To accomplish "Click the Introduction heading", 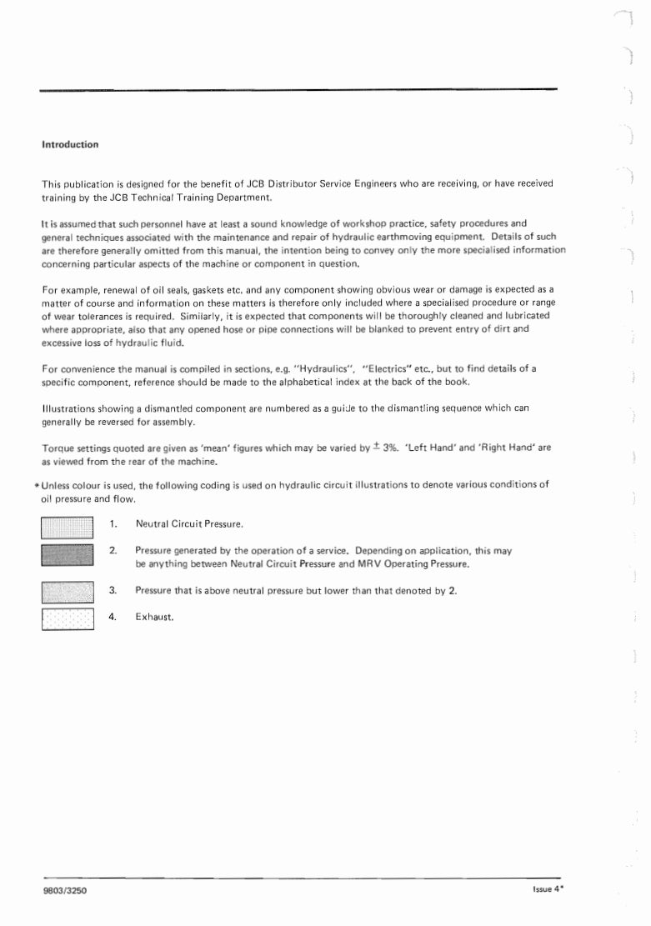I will click(x=70, y=144).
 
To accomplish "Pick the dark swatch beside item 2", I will click(x=67, y=556).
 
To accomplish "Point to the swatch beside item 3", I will click(x=67, y=591).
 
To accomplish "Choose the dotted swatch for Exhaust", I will click(x=67, y=618).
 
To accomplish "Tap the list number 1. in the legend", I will click(x=113, y=524).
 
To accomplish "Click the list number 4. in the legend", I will click(x=113, y=618).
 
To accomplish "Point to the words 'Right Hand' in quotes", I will click(x=510, y=448).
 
